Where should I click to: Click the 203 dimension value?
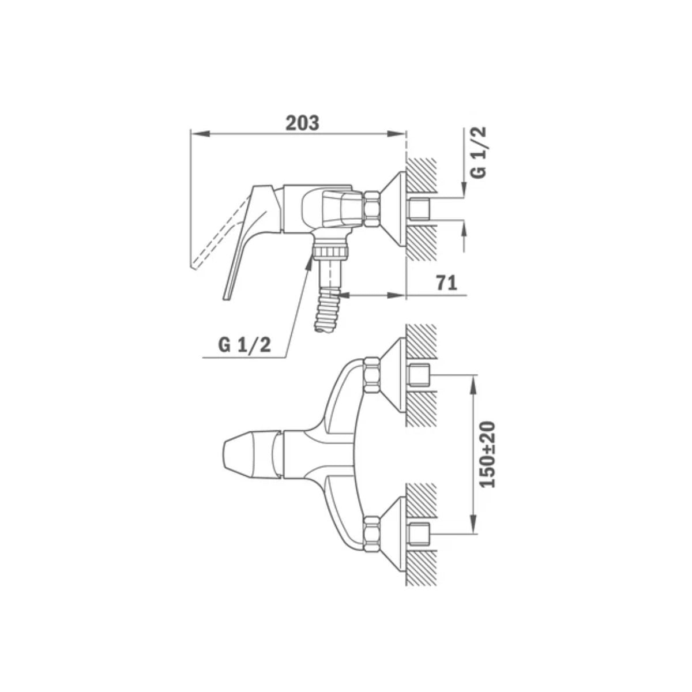302,123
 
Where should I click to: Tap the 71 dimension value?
446,283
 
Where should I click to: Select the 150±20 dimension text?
487,454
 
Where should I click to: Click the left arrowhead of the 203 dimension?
200,133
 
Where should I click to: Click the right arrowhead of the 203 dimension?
396,133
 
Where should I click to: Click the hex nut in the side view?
372,209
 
